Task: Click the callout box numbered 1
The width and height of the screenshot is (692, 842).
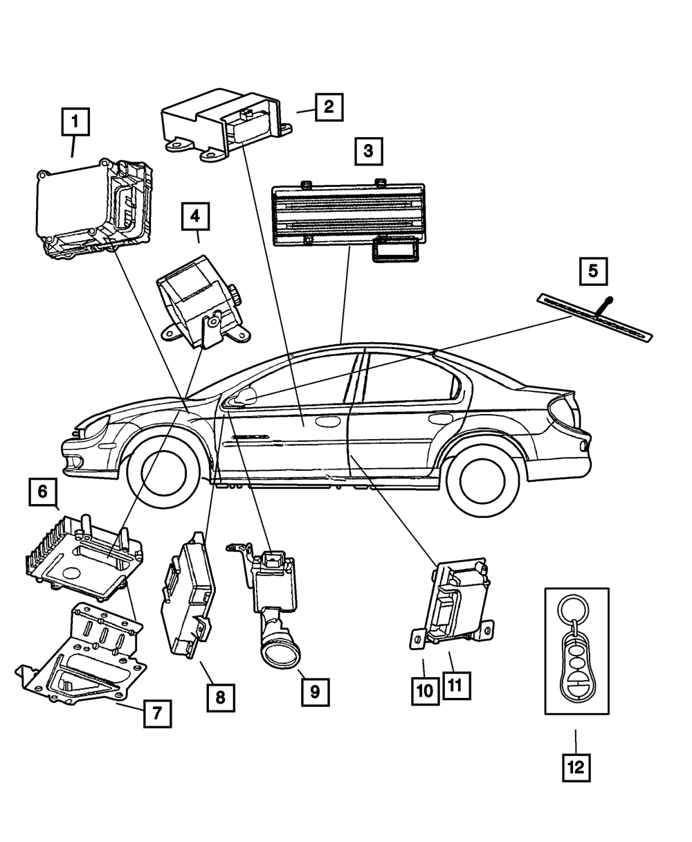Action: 75,122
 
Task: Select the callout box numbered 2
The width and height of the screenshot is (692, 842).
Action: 329,107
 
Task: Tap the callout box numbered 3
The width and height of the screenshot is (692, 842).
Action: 369,152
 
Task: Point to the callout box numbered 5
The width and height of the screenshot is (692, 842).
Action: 594,271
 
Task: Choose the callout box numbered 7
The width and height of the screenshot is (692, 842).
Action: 158,713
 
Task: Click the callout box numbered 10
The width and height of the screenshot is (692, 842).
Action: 426,691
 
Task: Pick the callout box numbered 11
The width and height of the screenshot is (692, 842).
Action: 457,686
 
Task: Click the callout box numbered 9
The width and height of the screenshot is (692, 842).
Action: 316,692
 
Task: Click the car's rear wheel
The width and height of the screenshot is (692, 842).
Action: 483,481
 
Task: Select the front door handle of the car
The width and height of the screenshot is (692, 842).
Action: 326,422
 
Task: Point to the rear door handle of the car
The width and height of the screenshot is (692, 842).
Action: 441,419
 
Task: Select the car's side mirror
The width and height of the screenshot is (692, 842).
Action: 244,395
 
